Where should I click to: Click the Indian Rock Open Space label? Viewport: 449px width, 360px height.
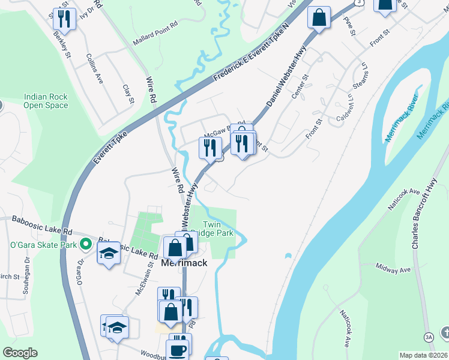tap(46, 101)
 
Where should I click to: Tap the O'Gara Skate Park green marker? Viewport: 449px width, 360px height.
tap(86, 244)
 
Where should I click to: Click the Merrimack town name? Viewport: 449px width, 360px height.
tap(184, 263)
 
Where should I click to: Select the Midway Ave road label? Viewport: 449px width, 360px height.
tap(392, 268)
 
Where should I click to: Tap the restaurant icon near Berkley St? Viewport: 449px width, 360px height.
tap(62, 19)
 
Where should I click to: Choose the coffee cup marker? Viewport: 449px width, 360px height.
tap(178, 349)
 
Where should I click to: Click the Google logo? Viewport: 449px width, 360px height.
tap(20, 353)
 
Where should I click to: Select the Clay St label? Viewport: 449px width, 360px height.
tap(127, 94)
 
